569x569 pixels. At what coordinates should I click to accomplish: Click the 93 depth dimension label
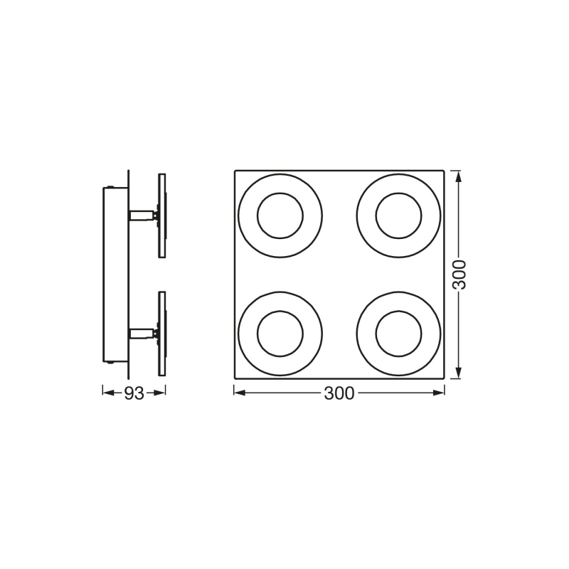134,393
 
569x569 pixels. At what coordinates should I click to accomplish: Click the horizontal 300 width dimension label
339,393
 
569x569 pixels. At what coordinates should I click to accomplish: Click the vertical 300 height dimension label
459,275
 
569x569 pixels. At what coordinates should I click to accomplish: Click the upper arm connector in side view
142,216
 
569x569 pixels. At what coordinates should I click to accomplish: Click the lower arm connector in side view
142,333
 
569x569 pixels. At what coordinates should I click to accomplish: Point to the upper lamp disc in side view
162,216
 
